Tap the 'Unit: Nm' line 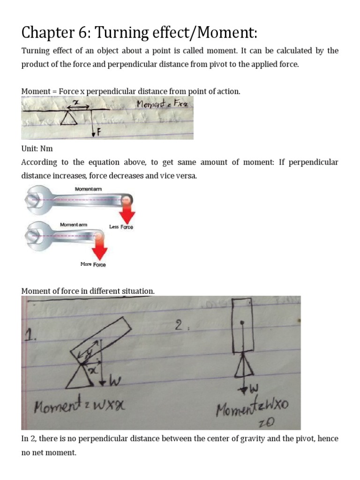click(x=37, y=149)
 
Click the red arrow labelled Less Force click(x=127, y=212)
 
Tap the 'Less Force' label click(x=121, y=227)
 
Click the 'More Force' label click(x=93, y=264)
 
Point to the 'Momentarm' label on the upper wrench click(x=89, y=189)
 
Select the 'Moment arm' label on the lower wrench click(x=74, y=225)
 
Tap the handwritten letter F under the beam click(x=98, y=133)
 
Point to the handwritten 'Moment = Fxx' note click(x=162, y=105)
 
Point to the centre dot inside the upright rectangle click(x=241, y=322)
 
